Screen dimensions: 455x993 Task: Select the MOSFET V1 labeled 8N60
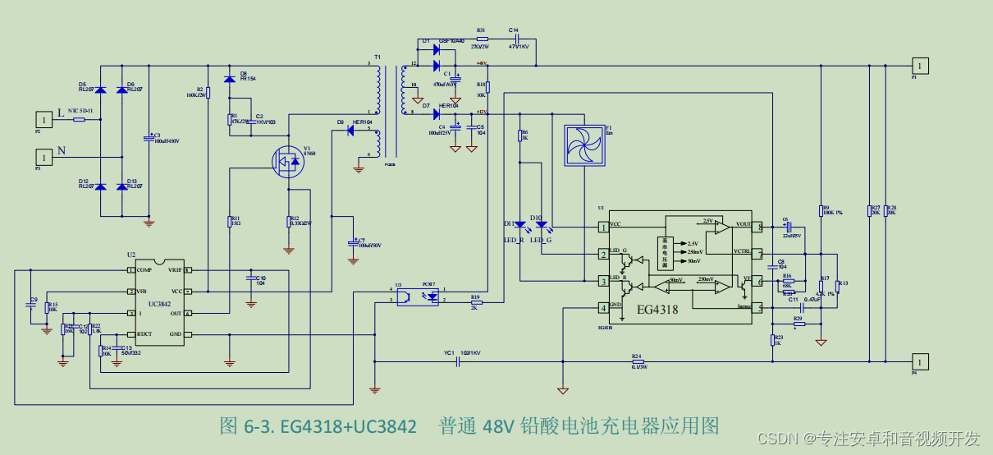pos(288,160)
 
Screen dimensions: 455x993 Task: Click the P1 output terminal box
pos(921,65)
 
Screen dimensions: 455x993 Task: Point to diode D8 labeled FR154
pos(230,78)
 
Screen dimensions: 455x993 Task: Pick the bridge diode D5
pos(101,90)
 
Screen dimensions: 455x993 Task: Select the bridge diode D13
pos(122,186)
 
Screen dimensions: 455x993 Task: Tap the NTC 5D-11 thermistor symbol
pos(80,119)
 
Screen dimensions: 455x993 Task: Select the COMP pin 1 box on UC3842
pos(130,270)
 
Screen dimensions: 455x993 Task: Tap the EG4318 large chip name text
pos(657,310)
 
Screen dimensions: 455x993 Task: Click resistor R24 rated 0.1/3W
pos(638,361)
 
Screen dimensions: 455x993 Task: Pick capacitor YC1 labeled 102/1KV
pos(457,361)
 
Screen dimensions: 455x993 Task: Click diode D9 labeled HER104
pos(350,130)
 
